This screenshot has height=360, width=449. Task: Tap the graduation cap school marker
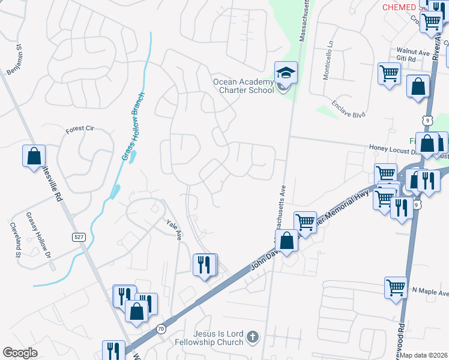[285, 74]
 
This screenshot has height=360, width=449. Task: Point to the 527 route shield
[79, 237]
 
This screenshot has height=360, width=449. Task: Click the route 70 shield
[161, 328]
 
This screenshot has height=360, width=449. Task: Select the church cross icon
[252, 338]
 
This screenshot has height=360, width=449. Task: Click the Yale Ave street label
[174, 229]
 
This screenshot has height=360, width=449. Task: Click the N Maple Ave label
[430, 293]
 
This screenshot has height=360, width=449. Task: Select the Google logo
[20, 353]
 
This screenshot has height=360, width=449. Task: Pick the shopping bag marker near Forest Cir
[34, 156]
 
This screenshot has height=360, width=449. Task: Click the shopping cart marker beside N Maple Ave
[396, 288]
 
